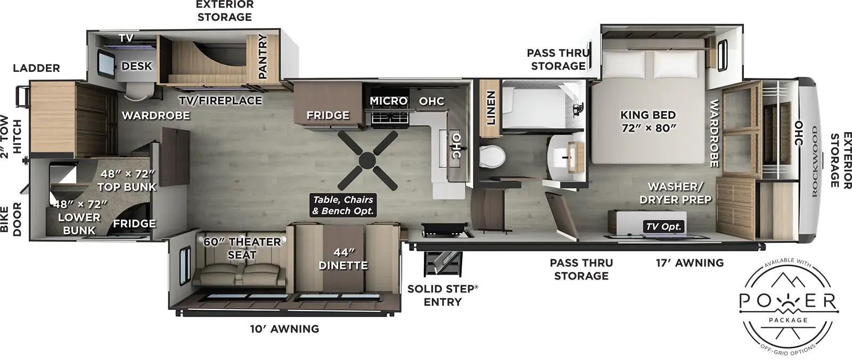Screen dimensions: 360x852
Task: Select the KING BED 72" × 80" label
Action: pyautogui.click(x=648, y=121)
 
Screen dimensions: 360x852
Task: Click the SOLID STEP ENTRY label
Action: pyautogui.click(x=443, y=295)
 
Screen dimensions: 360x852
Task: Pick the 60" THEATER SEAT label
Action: pyautogui.click(x=242, y=248)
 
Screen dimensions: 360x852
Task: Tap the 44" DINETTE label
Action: pyautogui.click(x=343, y=258)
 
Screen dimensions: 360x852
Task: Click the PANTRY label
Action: pyautogui.click(x=263, y=56)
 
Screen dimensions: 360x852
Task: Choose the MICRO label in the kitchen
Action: pyautogui.click(x=388, y=101)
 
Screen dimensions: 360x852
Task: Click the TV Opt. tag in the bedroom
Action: pyautogui.click(x=663, y=226)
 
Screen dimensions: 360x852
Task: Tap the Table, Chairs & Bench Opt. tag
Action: pyautogui.click(x=343, y=205)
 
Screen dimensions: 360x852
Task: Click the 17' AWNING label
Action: pyautogui.click(x=689, y=263)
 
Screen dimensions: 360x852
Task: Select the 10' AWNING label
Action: pyautogui.click(x=284, y=329)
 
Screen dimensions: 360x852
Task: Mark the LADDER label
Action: pyautogui.click(x=36, y=68)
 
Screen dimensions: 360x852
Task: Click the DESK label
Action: pyautogui.click(x=137, y=66)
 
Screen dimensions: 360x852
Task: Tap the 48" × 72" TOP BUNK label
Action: pyautogui.click(x=127, y=180)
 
